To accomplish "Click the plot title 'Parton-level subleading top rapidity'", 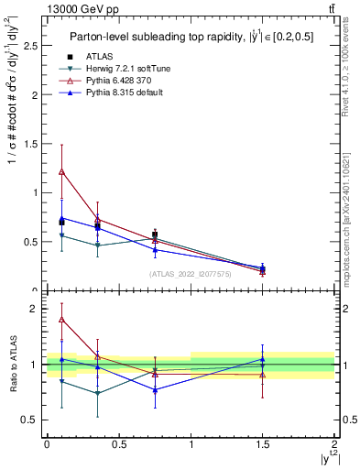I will click(x=147, y=37).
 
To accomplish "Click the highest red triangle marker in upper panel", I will click(x=61, y=171).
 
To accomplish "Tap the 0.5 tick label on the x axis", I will click(x=119, y=442).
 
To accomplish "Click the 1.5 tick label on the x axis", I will click(x=263, y=442).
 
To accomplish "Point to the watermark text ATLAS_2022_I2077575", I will click(x=191, y=274).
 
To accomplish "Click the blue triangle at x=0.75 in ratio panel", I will click(x=155, y=390).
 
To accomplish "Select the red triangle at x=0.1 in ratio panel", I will click(x=61, y=320).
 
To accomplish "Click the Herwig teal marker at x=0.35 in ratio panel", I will click(x=97, y=394).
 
